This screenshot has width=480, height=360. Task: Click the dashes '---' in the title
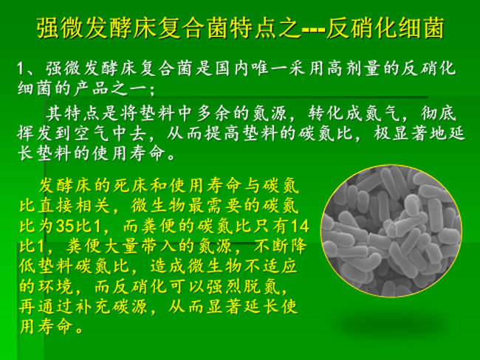click(x=313, y=30)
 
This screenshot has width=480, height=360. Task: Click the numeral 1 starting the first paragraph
click(x=21, y=69)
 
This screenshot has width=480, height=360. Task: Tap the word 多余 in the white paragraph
click(x=214, y=113)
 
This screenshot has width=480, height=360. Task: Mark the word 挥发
click(x=35, y=134)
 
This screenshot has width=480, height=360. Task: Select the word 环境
click(x=55, y=286)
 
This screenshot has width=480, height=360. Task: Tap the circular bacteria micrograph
click(x=391, y=231)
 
